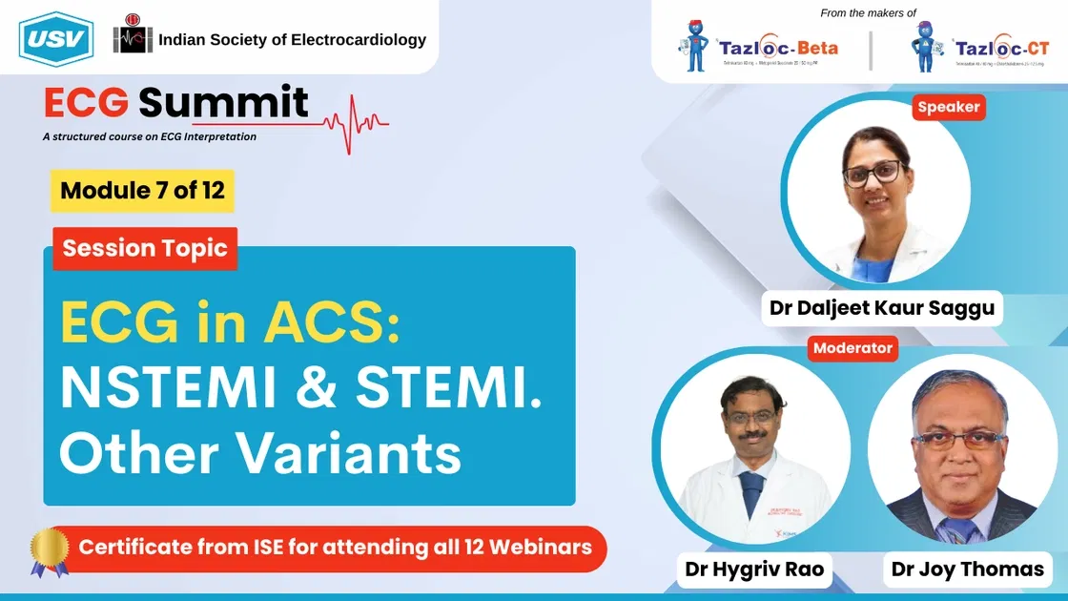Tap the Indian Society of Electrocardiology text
pos(292,40)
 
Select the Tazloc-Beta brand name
pos(779,48)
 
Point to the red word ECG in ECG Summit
pos(87,103)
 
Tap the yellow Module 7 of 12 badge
pos(142,190)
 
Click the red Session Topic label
pos(145,249)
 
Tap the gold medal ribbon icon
pos(49,551)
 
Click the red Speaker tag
pos(948,107)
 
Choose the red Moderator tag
pos(852,348)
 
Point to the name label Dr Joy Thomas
pos(967,570)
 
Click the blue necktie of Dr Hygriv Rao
pos(752,493)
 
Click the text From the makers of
pos(868,13)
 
